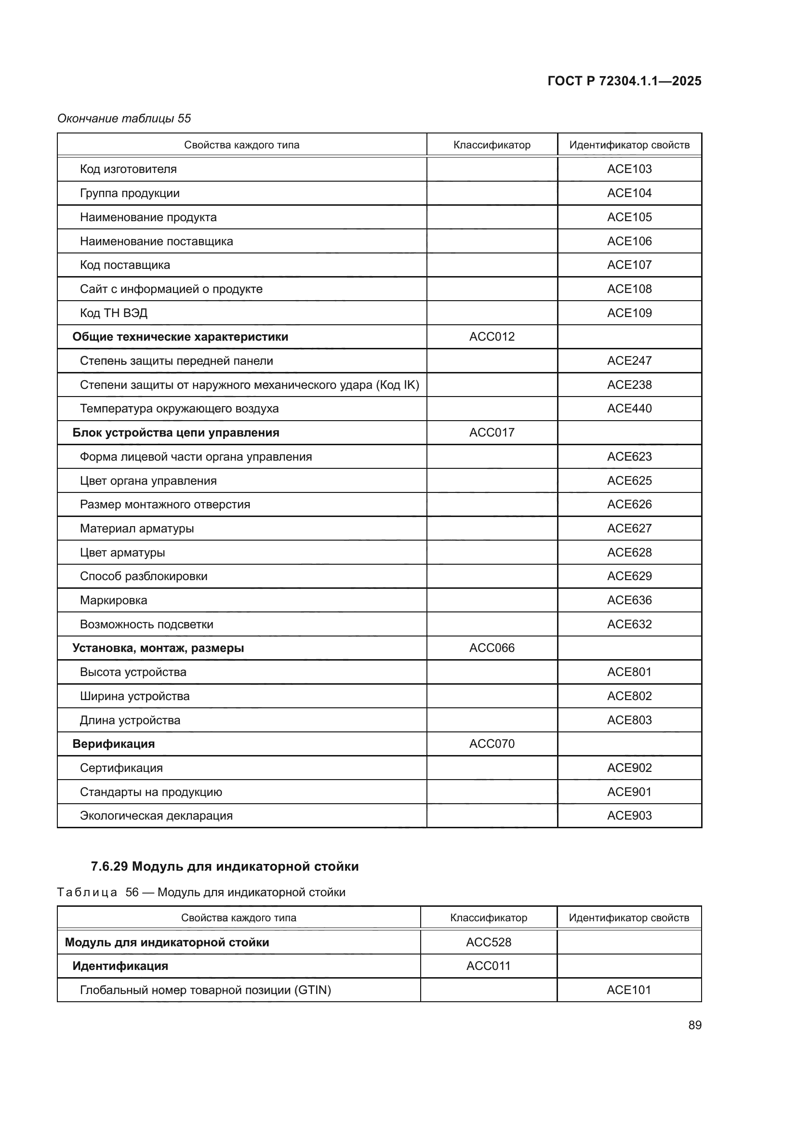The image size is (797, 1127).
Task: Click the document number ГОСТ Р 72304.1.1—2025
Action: point(624,81)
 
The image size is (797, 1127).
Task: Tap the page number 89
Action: point(694,1025)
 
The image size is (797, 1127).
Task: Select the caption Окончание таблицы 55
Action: point(124,119)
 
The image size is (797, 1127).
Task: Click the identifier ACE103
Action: point(629,169)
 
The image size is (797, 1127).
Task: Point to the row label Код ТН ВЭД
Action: point(113,313)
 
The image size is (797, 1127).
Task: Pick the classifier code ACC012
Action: point(492,337)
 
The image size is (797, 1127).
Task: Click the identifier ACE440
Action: point(629,409)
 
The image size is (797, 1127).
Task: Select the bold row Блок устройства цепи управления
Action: point(176,432)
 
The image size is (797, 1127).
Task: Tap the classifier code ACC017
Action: point(492,432)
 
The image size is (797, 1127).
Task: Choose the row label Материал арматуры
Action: point(136,528)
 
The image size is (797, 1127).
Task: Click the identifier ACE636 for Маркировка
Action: point(629,600)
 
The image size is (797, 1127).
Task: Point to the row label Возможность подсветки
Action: point(146,624)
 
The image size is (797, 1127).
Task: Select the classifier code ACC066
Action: point(492,648)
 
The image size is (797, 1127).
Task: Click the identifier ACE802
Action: point(629,696)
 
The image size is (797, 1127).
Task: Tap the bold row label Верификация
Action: point(113,743)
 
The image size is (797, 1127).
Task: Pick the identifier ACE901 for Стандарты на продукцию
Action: point(629,792)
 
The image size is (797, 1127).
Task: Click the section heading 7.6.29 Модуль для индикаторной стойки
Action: point(225,866)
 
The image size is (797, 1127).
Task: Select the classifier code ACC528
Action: point(488,942)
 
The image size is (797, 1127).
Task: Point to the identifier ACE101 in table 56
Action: point(629,990)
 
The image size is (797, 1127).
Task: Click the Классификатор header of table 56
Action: point(488,917)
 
